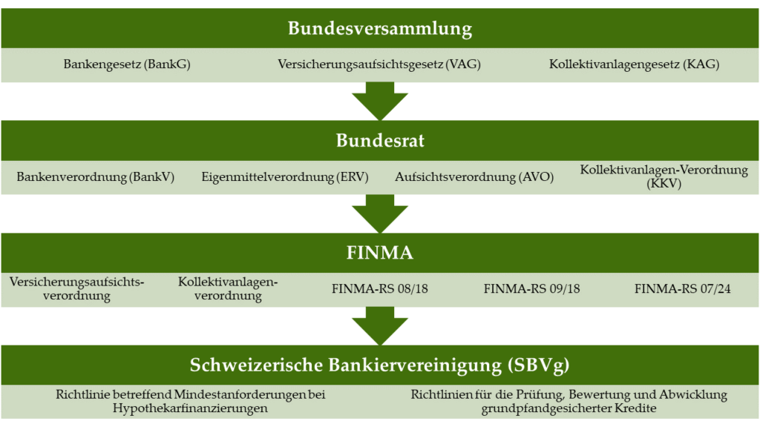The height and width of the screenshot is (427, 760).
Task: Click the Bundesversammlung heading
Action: coord(380,28)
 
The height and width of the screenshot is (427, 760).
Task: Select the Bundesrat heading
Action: coord(380,140)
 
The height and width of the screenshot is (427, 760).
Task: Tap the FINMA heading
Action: coord(380,253)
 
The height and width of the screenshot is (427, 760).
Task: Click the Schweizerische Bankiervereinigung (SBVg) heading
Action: coord(380,365)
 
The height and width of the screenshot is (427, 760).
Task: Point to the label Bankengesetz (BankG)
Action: coord(127,64)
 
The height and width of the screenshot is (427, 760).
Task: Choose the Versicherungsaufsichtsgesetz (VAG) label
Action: coord(379,64)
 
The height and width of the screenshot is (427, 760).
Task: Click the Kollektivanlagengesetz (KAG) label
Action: coord(634,64)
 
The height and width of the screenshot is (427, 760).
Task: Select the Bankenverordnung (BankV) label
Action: coord(96,176)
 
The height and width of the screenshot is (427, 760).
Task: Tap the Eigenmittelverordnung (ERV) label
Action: coord(285,176)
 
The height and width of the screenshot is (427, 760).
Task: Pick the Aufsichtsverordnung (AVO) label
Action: coord(474,176)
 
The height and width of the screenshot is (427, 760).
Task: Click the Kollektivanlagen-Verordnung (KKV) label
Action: coord(664,176)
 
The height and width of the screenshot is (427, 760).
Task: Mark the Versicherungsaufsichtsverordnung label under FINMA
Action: coord(76,288)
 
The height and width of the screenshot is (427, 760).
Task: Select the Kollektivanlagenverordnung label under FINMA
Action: coord(228,288)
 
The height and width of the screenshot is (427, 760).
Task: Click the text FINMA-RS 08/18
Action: coord(380,289)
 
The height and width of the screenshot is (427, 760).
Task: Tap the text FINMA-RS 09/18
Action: coord(531,289)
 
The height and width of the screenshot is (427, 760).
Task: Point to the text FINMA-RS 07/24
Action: coord(683,289)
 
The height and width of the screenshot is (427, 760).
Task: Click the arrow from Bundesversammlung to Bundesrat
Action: coord(380,101)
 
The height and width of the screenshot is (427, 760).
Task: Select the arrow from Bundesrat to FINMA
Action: coord(380,213)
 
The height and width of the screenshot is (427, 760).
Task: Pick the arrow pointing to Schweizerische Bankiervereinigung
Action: coord(380,326)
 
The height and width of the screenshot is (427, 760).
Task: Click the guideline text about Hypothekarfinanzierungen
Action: coord(191,401)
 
